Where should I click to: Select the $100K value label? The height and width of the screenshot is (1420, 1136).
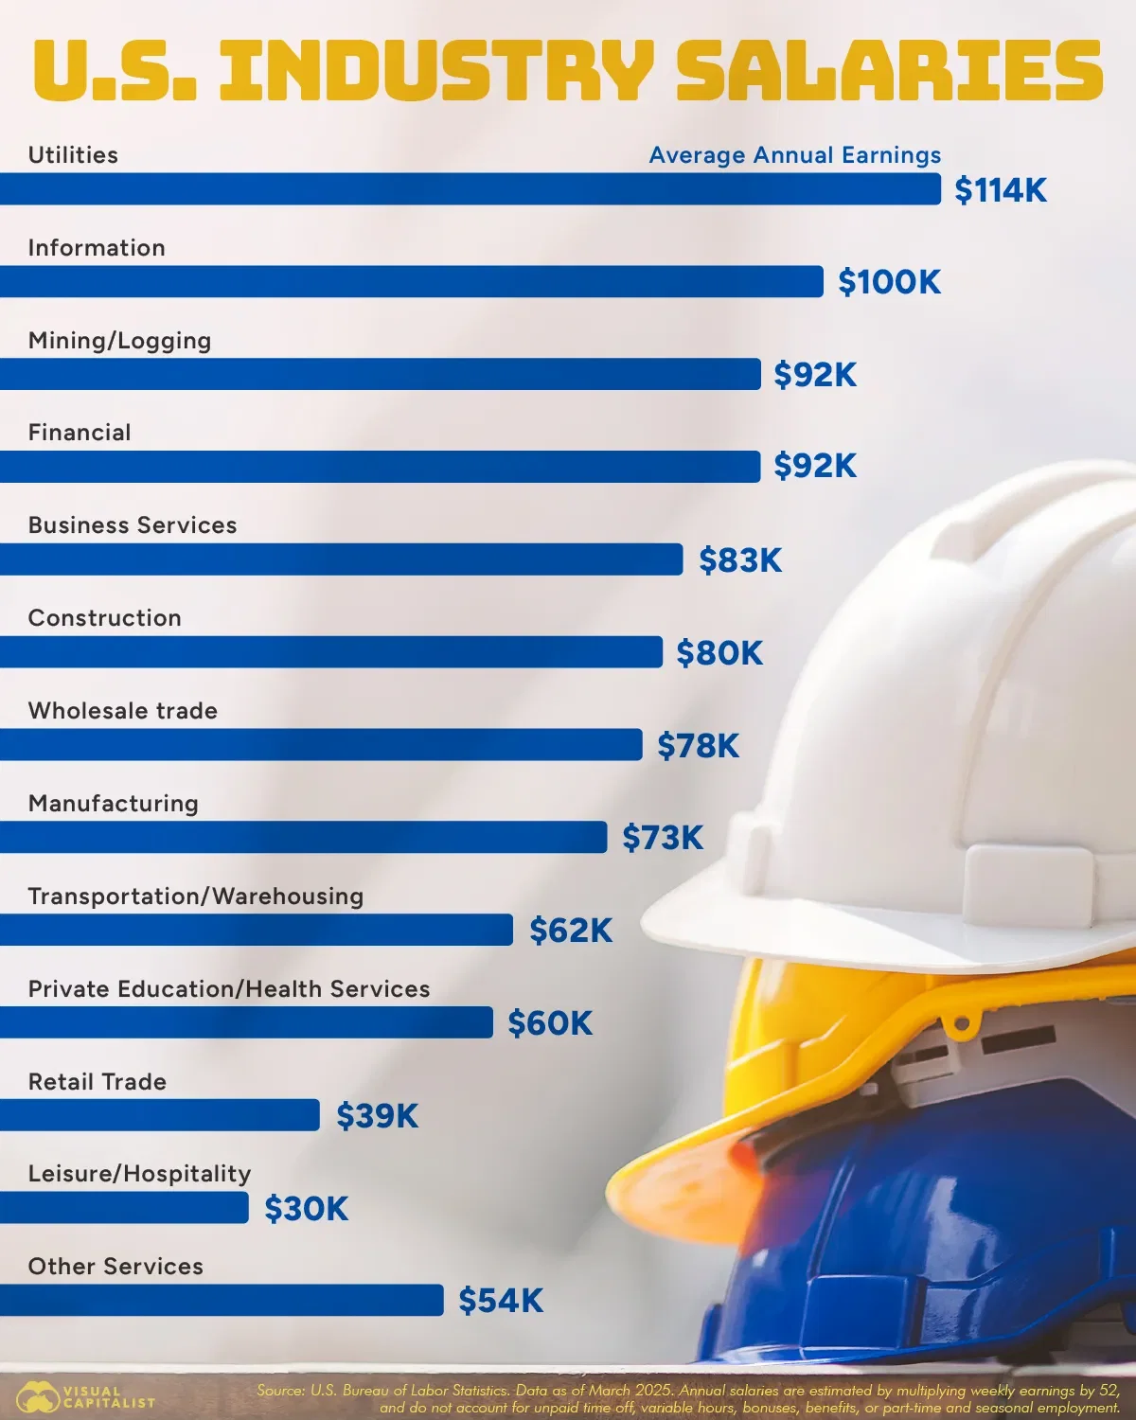(x=889, y=282)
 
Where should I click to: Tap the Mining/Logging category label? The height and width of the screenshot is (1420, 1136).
(x=119, y=341)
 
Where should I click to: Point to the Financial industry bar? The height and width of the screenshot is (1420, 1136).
(x=380, y=467)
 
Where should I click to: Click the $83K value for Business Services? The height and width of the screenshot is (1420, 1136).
(x=740, y=560)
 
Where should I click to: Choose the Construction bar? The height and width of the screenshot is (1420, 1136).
(x=330, y=652)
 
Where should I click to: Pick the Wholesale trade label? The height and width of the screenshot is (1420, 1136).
(x=123, y=711)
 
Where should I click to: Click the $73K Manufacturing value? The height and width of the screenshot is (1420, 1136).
(x=663, y=838)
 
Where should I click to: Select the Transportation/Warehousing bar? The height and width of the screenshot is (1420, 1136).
(x=256, y=930)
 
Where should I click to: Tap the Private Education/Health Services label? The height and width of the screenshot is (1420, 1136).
(x=229, y=989)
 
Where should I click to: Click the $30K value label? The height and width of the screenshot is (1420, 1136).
(x=306, y=1209)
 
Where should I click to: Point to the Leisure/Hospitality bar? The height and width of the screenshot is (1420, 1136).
(x=124, y=1207)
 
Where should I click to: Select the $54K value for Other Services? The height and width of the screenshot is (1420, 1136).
(x=501, y=1301)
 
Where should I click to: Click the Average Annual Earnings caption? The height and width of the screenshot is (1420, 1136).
(x=795, y=155)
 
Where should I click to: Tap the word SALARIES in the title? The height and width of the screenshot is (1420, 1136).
(x=890, y=70)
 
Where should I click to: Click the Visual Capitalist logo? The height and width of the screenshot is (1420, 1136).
(x=85, y=1397)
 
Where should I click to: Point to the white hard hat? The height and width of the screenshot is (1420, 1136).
(x=947, y=719)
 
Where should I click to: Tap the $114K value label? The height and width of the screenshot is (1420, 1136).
(x=1001, y=190)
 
